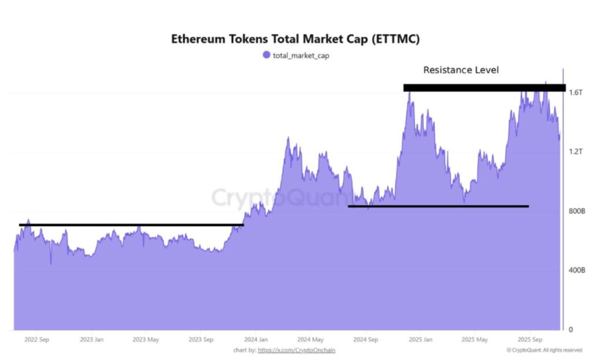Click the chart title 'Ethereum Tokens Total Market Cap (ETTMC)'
click(x=295, y=39)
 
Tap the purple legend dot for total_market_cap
click(x=266, y=55)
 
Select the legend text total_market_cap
click(x=301, y=55)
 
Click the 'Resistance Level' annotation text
click(x=461, y=70)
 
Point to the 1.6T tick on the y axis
click(x=575, y=92)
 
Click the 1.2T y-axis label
click(x=575, y=151)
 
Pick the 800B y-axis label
click(x=577, y=211)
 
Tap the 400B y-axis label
click(x=577, y=270)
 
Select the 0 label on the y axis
click(x=571, y=329)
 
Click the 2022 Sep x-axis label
click(x=37, y=340)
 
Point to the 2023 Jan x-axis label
click(x=92, y=340)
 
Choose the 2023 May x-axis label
click(x=146, y=340)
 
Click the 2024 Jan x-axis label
click(x=256, y=340)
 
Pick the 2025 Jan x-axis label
click(x=420, y=340)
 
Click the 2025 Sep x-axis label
click(x=528, y=340)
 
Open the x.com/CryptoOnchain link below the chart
click(x=297, y=350)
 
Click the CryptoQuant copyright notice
click(x=544, y=350)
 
